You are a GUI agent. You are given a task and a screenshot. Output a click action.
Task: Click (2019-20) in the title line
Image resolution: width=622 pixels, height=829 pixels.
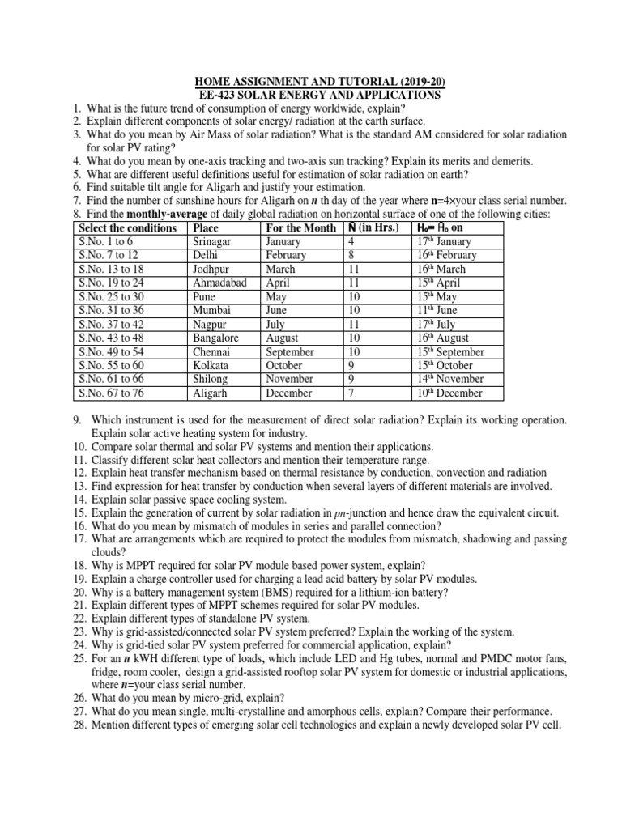(x=415, y=82)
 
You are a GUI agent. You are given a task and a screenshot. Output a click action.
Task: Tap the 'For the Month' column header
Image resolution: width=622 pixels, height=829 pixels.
(x=300, y=228)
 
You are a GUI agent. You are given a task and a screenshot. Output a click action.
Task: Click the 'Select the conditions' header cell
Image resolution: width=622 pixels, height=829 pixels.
(x=127, y=228)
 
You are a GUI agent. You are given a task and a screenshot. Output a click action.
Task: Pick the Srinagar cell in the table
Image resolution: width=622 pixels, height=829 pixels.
(x=213, y=242)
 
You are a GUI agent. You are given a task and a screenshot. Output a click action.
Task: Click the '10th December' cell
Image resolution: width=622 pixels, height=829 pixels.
(x=449, y=393)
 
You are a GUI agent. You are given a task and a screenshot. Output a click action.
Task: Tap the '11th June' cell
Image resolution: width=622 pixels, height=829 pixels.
(x=440, y=311)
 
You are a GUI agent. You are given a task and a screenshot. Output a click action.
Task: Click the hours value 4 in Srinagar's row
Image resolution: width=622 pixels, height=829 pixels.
(x=351, y=242)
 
